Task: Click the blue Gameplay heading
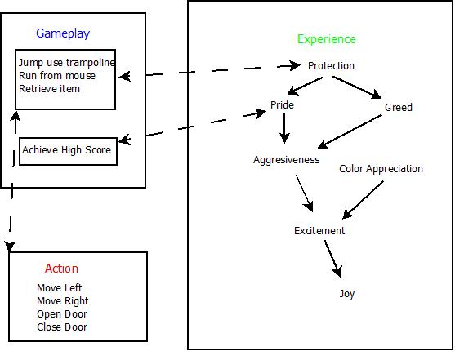(x=63, y=33)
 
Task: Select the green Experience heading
(x=326, y=39)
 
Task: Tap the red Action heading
(x=62, y=269)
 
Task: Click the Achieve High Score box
(x=66, y=150)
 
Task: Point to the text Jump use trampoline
(x=66, y=63)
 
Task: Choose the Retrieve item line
(x=49, y=88)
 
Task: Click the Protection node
(x=331, y=65)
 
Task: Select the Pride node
(x=282, y=105)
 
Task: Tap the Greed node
(x=399, y=108)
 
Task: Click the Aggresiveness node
(x=286, y=160)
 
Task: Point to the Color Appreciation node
(x=381, y=169)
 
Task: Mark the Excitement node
(x=319, y=231)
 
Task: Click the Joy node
(x=347, y=294)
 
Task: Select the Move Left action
(x=60, y=288)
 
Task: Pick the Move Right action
(x=63, y=301)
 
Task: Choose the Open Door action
(x=62, y=314)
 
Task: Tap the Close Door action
(x=62, y=327)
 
